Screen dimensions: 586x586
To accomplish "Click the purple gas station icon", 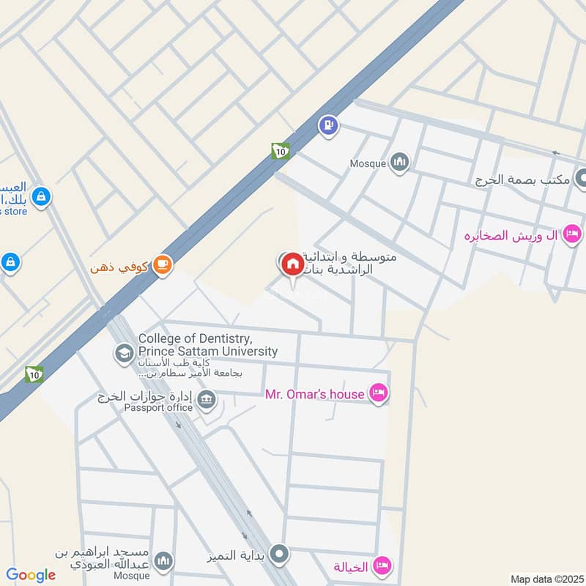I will click(x=328, y=125).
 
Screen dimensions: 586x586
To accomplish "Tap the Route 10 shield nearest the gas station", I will click(x=280, y=151).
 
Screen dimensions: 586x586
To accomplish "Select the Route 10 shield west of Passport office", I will click(x=33, y=374).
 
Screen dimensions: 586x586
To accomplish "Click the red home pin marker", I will click(x=292, y=264).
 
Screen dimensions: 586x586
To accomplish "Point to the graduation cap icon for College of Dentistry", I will click(x=123, y=354).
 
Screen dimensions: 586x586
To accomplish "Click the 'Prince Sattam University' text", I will click(x=208, y=352).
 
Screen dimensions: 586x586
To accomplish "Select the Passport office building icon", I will click(x=207, y=400).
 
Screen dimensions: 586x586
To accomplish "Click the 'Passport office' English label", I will click(x=158, y=408).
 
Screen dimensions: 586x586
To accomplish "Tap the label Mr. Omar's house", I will click(x=314, y=394).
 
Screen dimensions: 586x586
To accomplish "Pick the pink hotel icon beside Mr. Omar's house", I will click(x=378, y=393).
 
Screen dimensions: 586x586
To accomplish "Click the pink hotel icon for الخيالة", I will click(x=382, y=565).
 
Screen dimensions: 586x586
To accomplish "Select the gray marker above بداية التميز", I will click(x=278, y=555).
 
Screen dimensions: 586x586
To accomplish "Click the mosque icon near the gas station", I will click(x=399, y=162).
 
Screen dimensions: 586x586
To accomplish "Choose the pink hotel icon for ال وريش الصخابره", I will click(x=573, y=234).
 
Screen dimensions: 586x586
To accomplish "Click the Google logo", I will click(x=31, y=575).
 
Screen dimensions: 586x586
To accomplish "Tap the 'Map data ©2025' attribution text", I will click(x=546, y=579).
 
